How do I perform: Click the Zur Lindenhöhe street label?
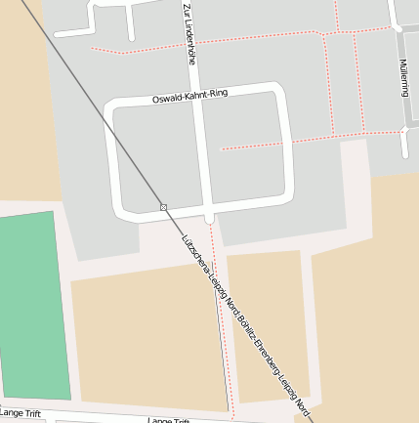[x=189, y=33]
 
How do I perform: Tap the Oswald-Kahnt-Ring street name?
[x=190, y=97]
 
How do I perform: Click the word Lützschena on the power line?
[x=196, y=255]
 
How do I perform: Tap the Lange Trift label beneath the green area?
[x=21, y=413]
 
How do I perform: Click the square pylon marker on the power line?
[x=163, y=207]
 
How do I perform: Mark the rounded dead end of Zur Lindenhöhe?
[x=209, y=217]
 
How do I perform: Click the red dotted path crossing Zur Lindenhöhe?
[x=190, y=43]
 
